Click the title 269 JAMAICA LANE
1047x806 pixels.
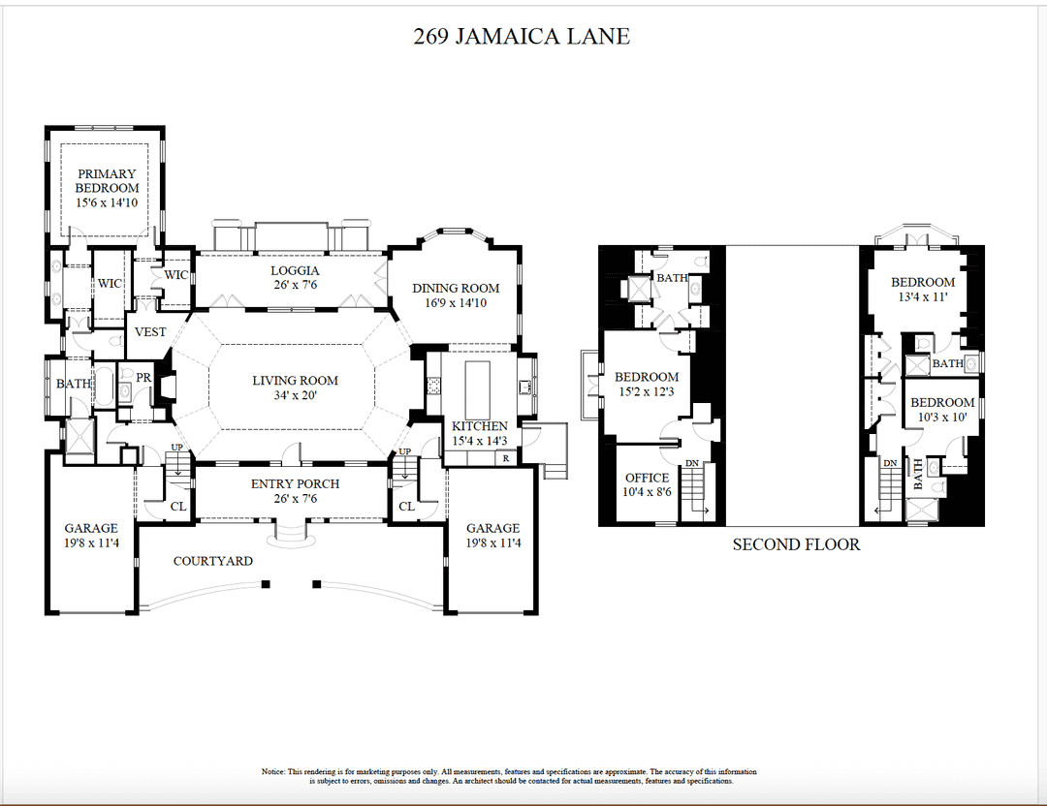coord(522,37)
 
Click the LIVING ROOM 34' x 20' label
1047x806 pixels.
coord(295,387)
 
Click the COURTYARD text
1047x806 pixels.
coord(213,561)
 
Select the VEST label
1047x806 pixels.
coord(150,332)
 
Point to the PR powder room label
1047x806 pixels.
coord(143,378)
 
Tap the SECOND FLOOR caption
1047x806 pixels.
coord(796,544)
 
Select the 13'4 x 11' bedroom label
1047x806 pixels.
coord(923,290)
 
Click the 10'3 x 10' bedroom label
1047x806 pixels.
coord(942,410)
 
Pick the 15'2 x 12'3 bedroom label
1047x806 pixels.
coord(647,384)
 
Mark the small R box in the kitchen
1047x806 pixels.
coord(505,458)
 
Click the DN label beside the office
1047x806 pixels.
coord(692,464)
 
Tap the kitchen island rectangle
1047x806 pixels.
coord(479,387)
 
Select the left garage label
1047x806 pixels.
coord(91,536)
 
